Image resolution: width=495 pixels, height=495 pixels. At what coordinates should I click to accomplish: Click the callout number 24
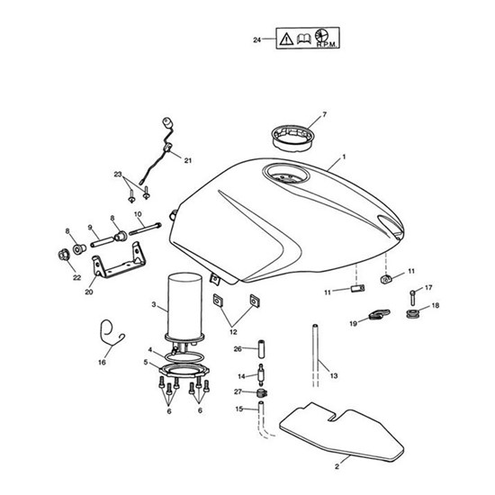click(x=257, y=40)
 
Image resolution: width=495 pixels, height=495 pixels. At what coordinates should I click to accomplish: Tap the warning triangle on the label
click(x=286, y=39)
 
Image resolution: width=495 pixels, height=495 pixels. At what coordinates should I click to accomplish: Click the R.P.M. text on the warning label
click(x=328, y=45)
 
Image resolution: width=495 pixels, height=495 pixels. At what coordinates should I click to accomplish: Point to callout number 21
click(x=188, y=161)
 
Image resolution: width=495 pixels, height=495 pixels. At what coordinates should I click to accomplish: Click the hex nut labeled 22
click(x=64, y=255)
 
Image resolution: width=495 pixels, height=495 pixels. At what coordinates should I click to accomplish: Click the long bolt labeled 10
click(x=145, y=229)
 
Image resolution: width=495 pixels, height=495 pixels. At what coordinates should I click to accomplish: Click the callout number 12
click(x=233, y=332)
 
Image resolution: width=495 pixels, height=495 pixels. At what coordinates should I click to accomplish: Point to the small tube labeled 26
click(x=261, y=349)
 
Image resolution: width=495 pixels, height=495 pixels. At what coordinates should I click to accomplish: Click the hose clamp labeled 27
click(x=262, y=393)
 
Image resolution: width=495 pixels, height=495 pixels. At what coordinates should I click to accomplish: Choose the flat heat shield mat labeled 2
click(x=341, y=434)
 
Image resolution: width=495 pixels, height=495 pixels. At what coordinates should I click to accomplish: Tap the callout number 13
click(x=334, y=375)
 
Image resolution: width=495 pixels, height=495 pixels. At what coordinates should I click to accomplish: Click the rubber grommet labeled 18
click(x=411, y=314)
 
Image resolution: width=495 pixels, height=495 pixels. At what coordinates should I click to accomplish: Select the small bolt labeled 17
click(x=412, y=298)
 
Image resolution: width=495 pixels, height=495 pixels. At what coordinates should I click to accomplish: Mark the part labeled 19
click(x=379, y=315)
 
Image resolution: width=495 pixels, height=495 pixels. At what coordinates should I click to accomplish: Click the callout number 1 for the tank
click(x=344, y=157)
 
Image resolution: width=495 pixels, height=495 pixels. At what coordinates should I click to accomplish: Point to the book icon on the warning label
click(x=303, y=39)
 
